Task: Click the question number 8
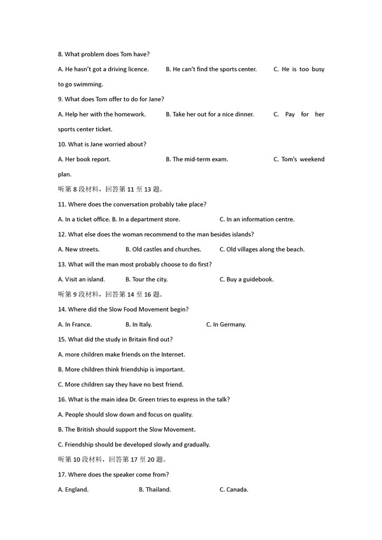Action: pyautogui.click(x=60, y=54)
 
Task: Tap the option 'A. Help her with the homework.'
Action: pyautogui.click(x=102, y=114)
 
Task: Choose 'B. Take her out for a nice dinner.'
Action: pyautogui.click(x=209, y=114)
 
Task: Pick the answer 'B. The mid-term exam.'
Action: pyautogui.click(x=200, y=159)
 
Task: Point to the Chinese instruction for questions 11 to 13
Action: pyautogui.click(x=110, y=189)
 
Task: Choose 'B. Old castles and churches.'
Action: pyautogui.click(x=163, y=249)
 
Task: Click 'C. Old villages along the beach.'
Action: pyautogui.click(x=262, y=249)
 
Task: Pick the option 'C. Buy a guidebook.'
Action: pyautogui.click(x=246, y=279)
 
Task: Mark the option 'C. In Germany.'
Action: pyautogui.click(x=226, y=324)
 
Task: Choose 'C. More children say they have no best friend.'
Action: pyautogui.click(x=120, y=384)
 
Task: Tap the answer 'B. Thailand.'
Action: pyautogui.click(x=155, y=490)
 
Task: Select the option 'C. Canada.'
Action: pyautogui.click(x=234, y=490)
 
